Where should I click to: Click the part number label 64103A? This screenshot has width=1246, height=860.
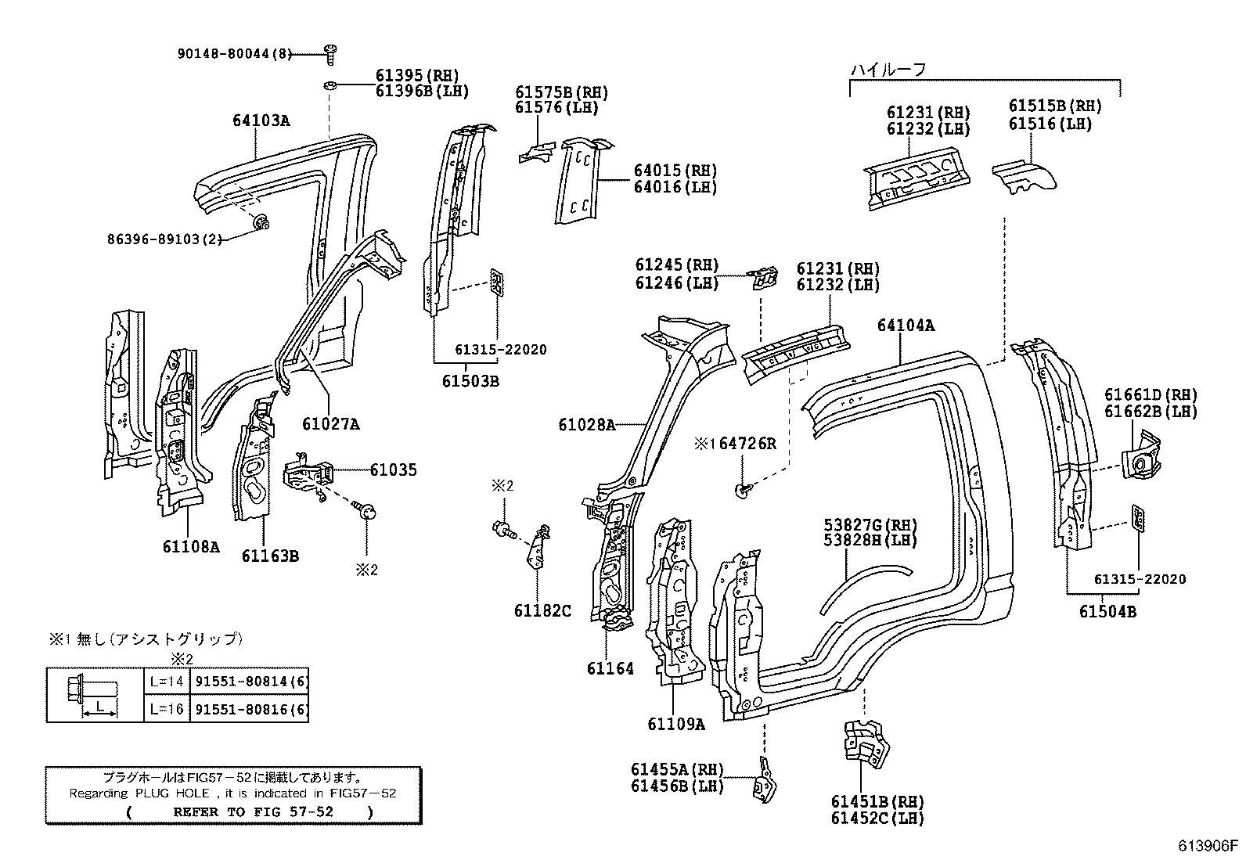pyautogui.click(x=261, y=121)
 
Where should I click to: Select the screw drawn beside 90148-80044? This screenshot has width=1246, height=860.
pyautogui.click(x=330, y=54)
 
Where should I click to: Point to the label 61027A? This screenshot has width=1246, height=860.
pyautogui.click(x=331, y=424)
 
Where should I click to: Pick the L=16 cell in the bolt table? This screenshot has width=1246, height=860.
pyautogui.click(x=167, y=711)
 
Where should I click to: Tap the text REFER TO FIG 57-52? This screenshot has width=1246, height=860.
pyautogui.click(x=253, y=811)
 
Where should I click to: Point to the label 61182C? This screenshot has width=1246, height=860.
pyautogui.click(x=542, y=610)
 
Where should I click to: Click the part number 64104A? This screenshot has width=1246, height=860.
pyautogui.click(x=906, y=325)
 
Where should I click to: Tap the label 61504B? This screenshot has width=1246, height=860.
pyautogui.click(x=1107, y=611)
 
